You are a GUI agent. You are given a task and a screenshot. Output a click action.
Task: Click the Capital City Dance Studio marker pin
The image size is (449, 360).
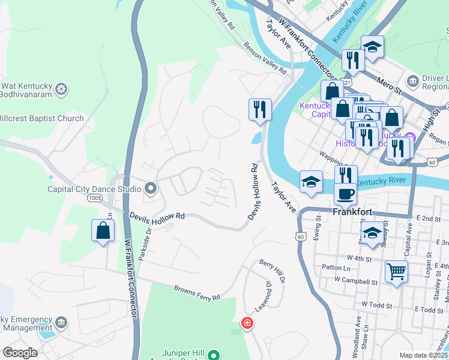point(151,189)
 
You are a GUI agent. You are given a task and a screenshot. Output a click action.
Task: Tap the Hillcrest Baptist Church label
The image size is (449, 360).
point(42,118)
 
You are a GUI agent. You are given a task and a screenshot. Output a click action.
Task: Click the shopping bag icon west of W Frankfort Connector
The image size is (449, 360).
point(103,230)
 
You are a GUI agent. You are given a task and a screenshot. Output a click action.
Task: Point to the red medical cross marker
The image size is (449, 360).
point(247,324)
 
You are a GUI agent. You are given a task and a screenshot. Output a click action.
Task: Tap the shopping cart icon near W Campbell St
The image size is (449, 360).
point(396,271)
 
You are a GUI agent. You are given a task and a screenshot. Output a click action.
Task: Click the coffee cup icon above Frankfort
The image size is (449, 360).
point(345,194)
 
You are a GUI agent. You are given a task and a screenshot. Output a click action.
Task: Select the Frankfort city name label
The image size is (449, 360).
point(352,212)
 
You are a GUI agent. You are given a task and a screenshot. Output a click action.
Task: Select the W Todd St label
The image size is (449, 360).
point(377,305)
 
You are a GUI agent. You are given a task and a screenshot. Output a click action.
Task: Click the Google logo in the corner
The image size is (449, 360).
point(20,353)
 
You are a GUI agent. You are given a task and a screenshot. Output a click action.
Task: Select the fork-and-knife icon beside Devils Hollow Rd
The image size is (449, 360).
point(260,109)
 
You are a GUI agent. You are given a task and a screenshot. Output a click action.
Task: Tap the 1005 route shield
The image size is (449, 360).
point(94,197)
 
